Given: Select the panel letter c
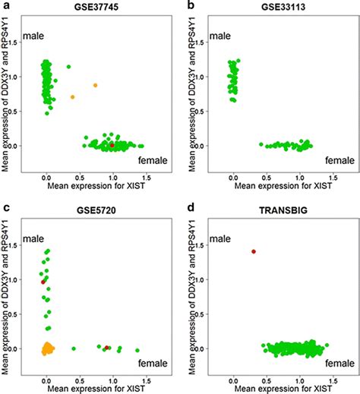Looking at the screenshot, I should tap(6, 208).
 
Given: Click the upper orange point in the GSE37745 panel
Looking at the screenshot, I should tap(96, 85).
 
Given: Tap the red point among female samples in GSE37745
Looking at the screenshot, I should tap(112, 144).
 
